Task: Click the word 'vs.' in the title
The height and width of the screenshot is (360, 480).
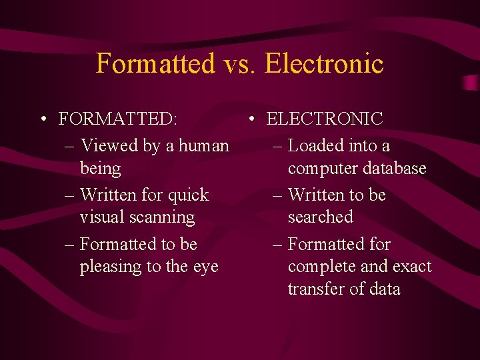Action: coord(239,64)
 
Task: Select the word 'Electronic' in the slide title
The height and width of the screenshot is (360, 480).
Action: coord(323,64)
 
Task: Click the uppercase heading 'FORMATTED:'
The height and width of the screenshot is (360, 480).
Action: coord(118,119)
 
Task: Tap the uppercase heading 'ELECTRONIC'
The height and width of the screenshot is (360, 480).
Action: coord(325,119)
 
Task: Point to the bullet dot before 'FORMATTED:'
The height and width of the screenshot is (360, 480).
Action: coord(42,120)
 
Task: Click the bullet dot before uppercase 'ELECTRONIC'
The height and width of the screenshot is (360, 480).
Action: coord(251,120)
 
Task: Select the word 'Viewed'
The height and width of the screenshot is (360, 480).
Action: coord(107,145)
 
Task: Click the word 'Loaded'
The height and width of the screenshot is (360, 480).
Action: coord(316,145)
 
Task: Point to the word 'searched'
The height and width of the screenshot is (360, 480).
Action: coord(320,217)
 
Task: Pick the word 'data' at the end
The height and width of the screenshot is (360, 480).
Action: coord(383,289)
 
